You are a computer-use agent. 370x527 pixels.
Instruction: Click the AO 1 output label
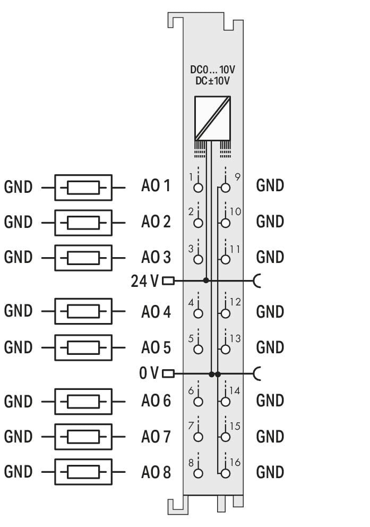(156, 185)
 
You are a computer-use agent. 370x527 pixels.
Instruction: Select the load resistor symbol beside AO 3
(83, 258)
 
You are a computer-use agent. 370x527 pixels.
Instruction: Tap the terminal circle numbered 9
(226, 188)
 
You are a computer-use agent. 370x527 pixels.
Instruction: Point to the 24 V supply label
(144, 281)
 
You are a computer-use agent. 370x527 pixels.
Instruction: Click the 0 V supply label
(149, 373)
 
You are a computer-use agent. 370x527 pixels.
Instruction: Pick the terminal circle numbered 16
(226, 473)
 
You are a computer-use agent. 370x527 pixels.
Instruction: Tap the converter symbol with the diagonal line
(212, 118)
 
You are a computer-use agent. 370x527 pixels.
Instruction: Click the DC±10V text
(212, 81)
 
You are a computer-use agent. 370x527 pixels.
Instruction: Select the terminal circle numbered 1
(199, 188)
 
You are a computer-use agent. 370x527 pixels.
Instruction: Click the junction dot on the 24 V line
(206, 280)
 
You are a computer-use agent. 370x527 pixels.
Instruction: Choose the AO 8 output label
(156, 472)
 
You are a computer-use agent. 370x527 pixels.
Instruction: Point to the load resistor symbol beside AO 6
(83, 402)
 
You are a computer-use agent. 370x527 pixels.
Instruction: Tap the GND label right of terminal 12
(270, 311)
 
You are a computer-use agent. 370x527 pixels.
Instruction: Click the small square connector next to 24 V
(168, 280)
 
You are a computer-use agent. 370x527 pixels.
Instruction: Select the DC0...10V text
(212, 70)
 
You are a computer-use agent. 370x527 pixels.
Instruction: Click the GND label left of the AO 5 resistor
(18, 347)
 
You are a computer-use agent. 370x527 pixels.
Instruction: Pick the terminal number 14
(235, 390)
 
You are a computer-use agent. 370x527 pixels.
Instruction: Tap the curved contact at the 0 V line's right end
(256, 373)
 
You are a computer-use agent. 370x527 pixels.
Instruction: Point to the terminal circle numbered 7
(199, 437)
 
